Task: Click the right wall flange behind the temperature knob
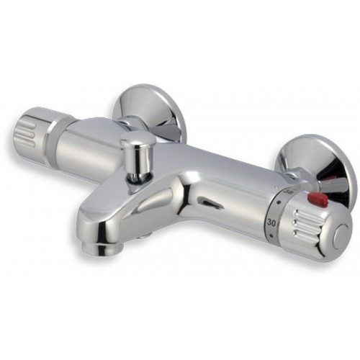[320, 162]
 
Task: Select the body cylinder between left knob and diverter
[94, 144]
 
